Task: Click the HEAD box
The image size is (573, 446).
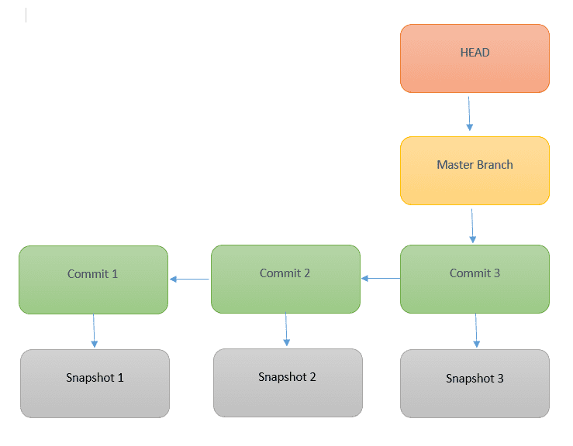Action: [475, 58]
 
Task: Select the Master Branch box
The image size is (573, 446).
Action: [475, 171]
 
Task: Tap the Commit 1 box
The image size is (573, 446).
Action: [94, 280]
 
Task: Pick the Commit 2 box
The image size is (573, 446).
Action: [286, 280]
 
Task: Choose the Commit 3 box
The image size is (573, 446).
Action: [475, 280]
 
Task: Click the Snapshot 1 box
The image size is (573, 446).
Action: [95, 383]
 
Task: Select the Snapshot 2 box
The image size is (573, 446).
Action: [288, 383]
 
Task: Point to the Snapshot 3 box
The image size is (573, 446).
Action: [475, 383]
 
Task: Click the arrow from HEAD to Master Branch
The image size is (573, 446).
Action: [469, 114]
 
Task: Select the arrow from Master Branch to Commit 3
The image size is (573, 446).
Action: [472, 226]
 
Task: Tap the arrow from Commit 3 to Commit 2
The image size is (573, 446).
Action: [381, 279]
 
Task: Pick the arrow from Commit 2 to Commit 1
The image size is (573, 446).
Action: [189, 280]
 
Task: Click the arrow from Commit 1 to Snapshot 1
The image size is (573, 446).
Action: [94, 331]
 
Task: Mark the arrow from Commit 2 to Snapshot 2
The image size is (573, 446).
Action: [286, 329]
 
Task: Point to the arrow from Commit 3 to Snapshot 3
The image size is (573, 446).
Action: [476, 331]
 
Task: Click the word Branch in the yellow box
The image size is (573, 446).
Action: [495, 165]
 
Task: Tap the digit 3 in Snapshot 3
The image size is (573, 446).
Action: [500, 378]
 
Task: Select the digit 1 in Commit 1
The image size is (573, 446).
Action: [115, 274]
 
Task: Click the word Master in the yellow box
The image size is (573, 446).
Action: [455, 165]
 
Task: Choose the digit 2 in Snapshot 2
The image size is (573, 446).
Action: [312, 376]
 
